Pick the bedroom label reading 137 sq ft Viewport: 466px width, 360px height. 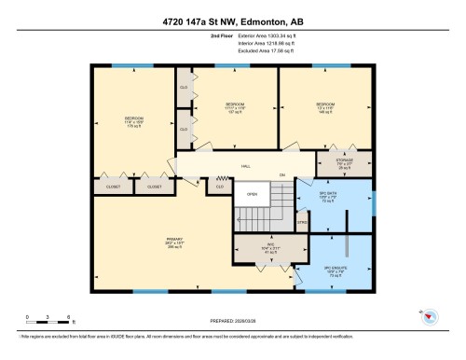pyautogui.click(x=235, y=106)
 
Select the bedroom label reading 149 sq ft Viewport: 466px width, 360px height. pyautogui.click(x=324, y=106)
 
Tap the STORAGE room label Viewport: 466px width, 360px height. pyautogui.click(x=345, y=164)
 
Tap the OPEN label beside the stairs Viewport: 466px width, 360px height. pyautogui.click(x=251, y=194)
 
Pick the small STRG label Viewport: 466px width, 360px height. pyautogui.click(x=302, y=222)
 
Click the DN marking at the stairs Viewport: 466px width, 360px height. pyautogui.click(x=281, y=175)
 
